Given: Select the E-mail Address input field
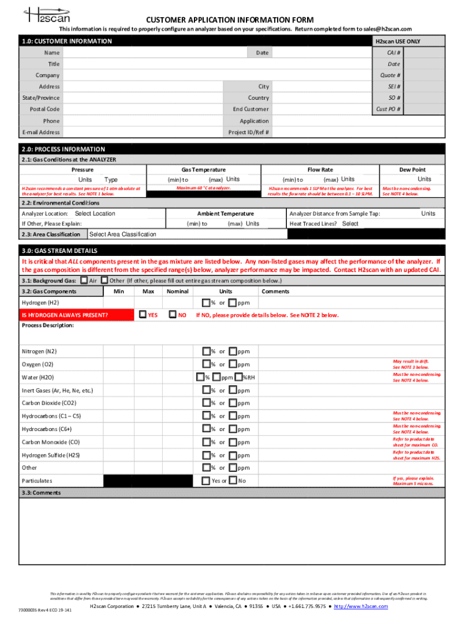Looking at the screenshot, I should pos(144,132).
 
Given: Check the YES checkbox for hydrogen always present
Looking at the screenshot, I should pos(143,315).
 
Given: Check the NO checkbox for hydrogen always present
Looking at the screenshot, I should pos(172,315).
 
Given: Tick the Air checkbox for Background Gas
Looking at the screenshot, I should pos(84,280).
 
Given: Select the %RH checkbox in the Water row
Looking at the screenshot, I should pos(239,377).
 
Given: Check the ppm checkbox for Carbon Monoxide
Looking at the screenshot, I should pos(232,442).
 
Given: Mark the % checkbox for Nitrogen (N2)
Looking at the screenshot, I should pos(206,351).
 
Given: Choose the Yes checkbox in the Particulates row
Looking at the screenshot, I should pos(206,481).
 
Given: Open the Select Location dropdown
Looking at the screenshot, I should pos(95,214).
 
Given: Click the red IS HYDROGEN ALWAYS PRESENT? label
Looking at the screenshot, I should pos(65,315).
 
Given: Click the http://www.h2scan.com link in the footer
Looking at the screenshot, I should pos(361,606).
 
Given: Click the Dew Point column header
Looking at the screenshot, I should pos(412,170).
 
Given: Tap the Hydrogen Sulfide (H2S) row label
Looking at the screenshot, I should pos(51,456).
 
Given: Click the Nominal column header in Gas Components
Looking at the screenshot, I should pos(177,291).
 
